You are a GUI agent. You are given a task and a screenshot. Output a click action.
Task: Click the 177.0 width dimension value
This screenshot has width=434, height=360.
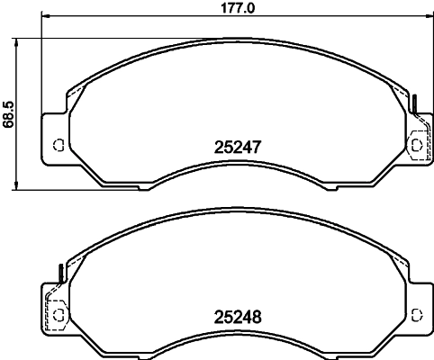(238, 7)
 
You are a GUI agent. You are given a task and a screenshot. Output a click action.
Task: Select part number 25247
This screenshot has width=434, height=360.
(238, 148)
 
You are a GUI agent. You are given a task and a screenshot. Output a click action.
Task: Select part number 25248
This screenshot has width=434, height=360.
(238, 317)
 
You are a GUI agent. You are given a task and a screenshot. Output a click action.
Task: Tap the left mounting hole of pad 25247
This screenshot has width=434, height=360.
(59, 145)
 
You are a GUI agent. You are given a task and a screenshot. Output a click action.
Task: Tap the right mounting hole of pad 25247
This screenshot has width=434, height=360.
(416, 145)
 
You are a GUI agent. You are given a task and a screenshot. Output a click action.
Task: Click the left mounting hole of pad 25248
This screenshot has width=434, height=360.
(59, 315)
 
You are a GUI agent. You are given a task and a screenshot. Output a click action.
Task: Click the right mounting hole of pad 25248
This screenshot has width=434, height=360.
(416, 315)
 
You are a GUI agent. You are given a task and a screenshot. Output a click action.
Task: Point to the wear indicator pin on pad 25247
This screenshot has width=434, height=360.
(415, 103)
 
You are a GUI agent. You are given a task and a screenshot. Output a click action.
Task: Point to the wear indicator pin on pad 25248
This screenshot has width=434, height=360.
(61, 274)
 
